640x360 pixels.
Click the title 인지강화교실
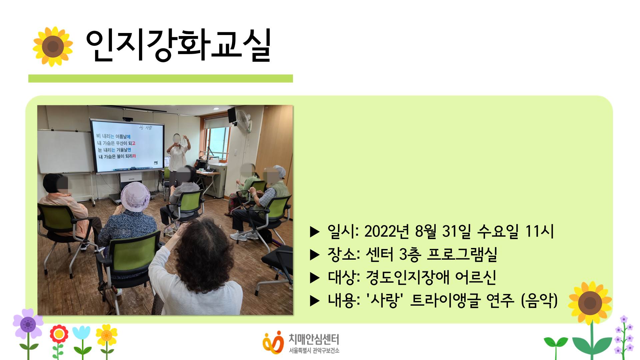[x=178, y=46]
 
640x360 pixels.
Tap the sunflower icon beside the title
[x=53, y=46]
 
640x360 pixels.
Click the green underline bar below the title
[x=160, y=78]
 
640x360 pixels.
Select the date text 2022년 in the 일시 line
[x=386, y=231]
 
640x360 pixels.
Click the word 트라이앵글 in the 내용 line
[x=445, y=300]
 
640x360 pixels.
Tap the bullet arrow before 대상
[x=314, y=278]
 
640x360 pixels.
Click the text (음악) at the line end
[x=539, y=300]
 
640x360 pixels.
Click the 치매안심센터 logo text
[x=314, y=339]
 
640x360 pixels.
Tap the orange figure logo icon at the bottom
[x=273, y=342]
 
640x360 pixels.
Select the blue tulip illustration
[x=81, y=333]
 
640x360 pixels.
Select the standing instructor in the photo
[x=178, y=157]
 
